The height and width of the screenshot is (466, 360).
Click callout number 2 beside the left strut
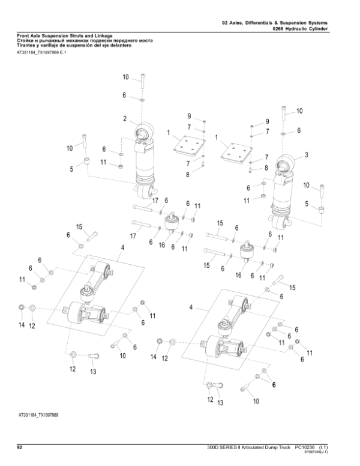tap(124, 118)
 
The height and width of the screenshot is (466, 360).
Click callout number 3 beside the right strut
tap(307, 155)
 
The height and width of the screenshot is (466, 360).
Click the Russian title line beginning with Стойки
tap(84, 40)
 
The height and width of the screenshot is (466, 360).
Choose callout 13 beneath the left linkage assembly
tap(93, 372)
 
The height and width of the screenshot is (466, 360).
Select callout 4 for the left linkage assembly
tap(122, 247)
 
